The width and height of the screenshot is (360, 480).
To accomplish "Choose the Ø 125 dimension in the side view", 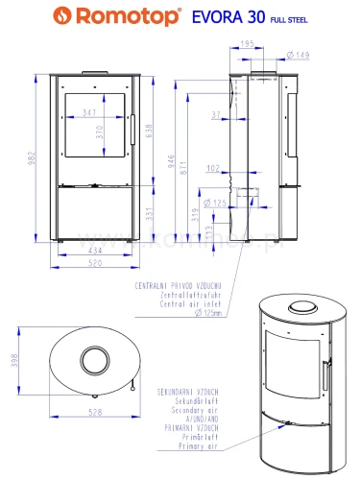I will (x=217, y=203).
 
